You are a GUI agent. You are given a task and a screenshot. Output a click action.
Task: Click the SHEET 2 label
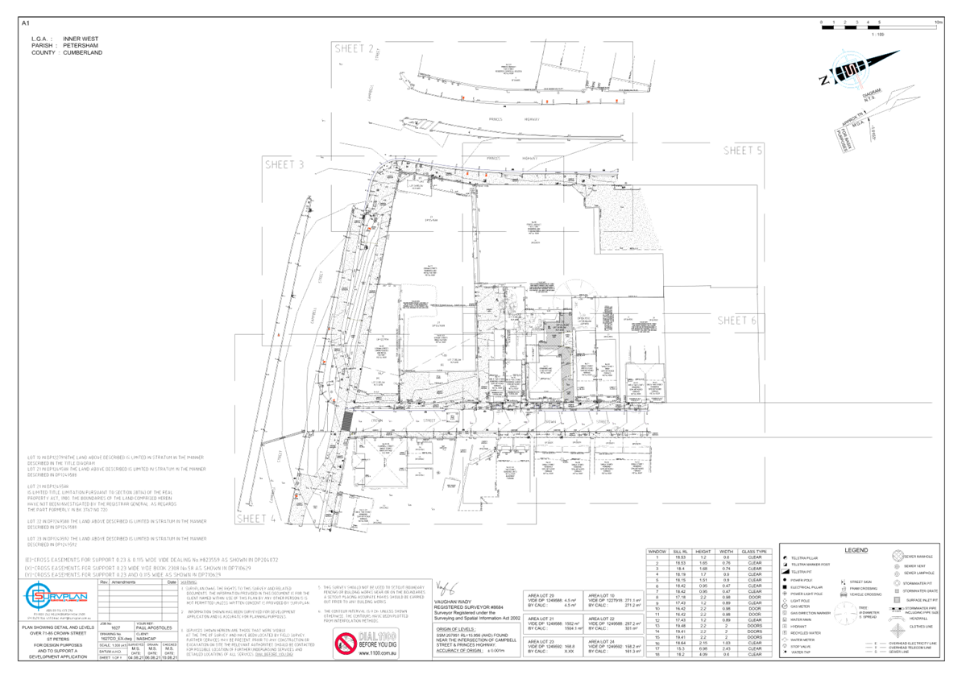click(x=354, y=49)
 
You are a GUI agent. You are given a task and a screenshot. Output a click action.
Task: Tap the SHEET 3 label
click(x=284, y=165)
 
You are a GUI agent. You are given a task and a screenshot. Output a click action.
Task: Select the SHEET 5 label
click(x=742, y=151)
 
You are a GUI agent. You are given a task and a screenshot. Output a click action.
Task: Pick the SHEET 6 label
click(x=737, y=321)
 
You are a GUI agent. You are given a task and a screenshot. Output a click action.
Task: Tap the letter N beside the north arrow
click(x=823, y=80)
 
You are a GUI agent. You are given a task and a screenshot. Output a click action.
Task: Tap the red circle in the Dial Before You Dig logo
click(x=346, y=644)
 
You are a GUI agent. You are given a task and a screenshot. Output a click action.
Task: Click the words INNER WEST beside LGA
click(x=81, y=39)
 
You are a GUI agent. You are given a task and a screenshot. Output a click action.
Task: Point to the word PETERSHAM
click(x=81, y=46)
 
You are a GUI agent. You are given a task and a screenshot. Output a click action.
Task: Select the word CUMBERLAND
click(x=83, y=53)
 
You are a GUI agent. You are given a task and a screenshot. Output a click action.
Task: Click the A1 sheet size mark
click(x=24, y=22)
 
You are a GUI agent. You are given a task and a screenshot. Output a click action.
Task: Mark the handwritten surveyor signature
click(x=445, y=586)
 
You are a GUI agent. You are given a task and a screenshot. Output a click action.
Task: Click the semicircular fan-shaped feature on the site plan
click(x=575, y=292)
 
